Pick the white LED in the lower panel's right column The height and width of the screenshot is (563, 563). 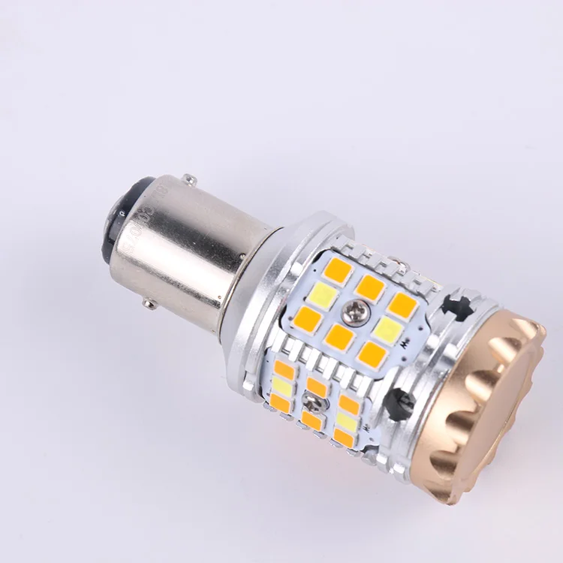click(x=347, y=421)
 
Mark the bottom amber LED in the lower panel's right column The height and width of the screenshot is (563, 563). click(x=344, y=438)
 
